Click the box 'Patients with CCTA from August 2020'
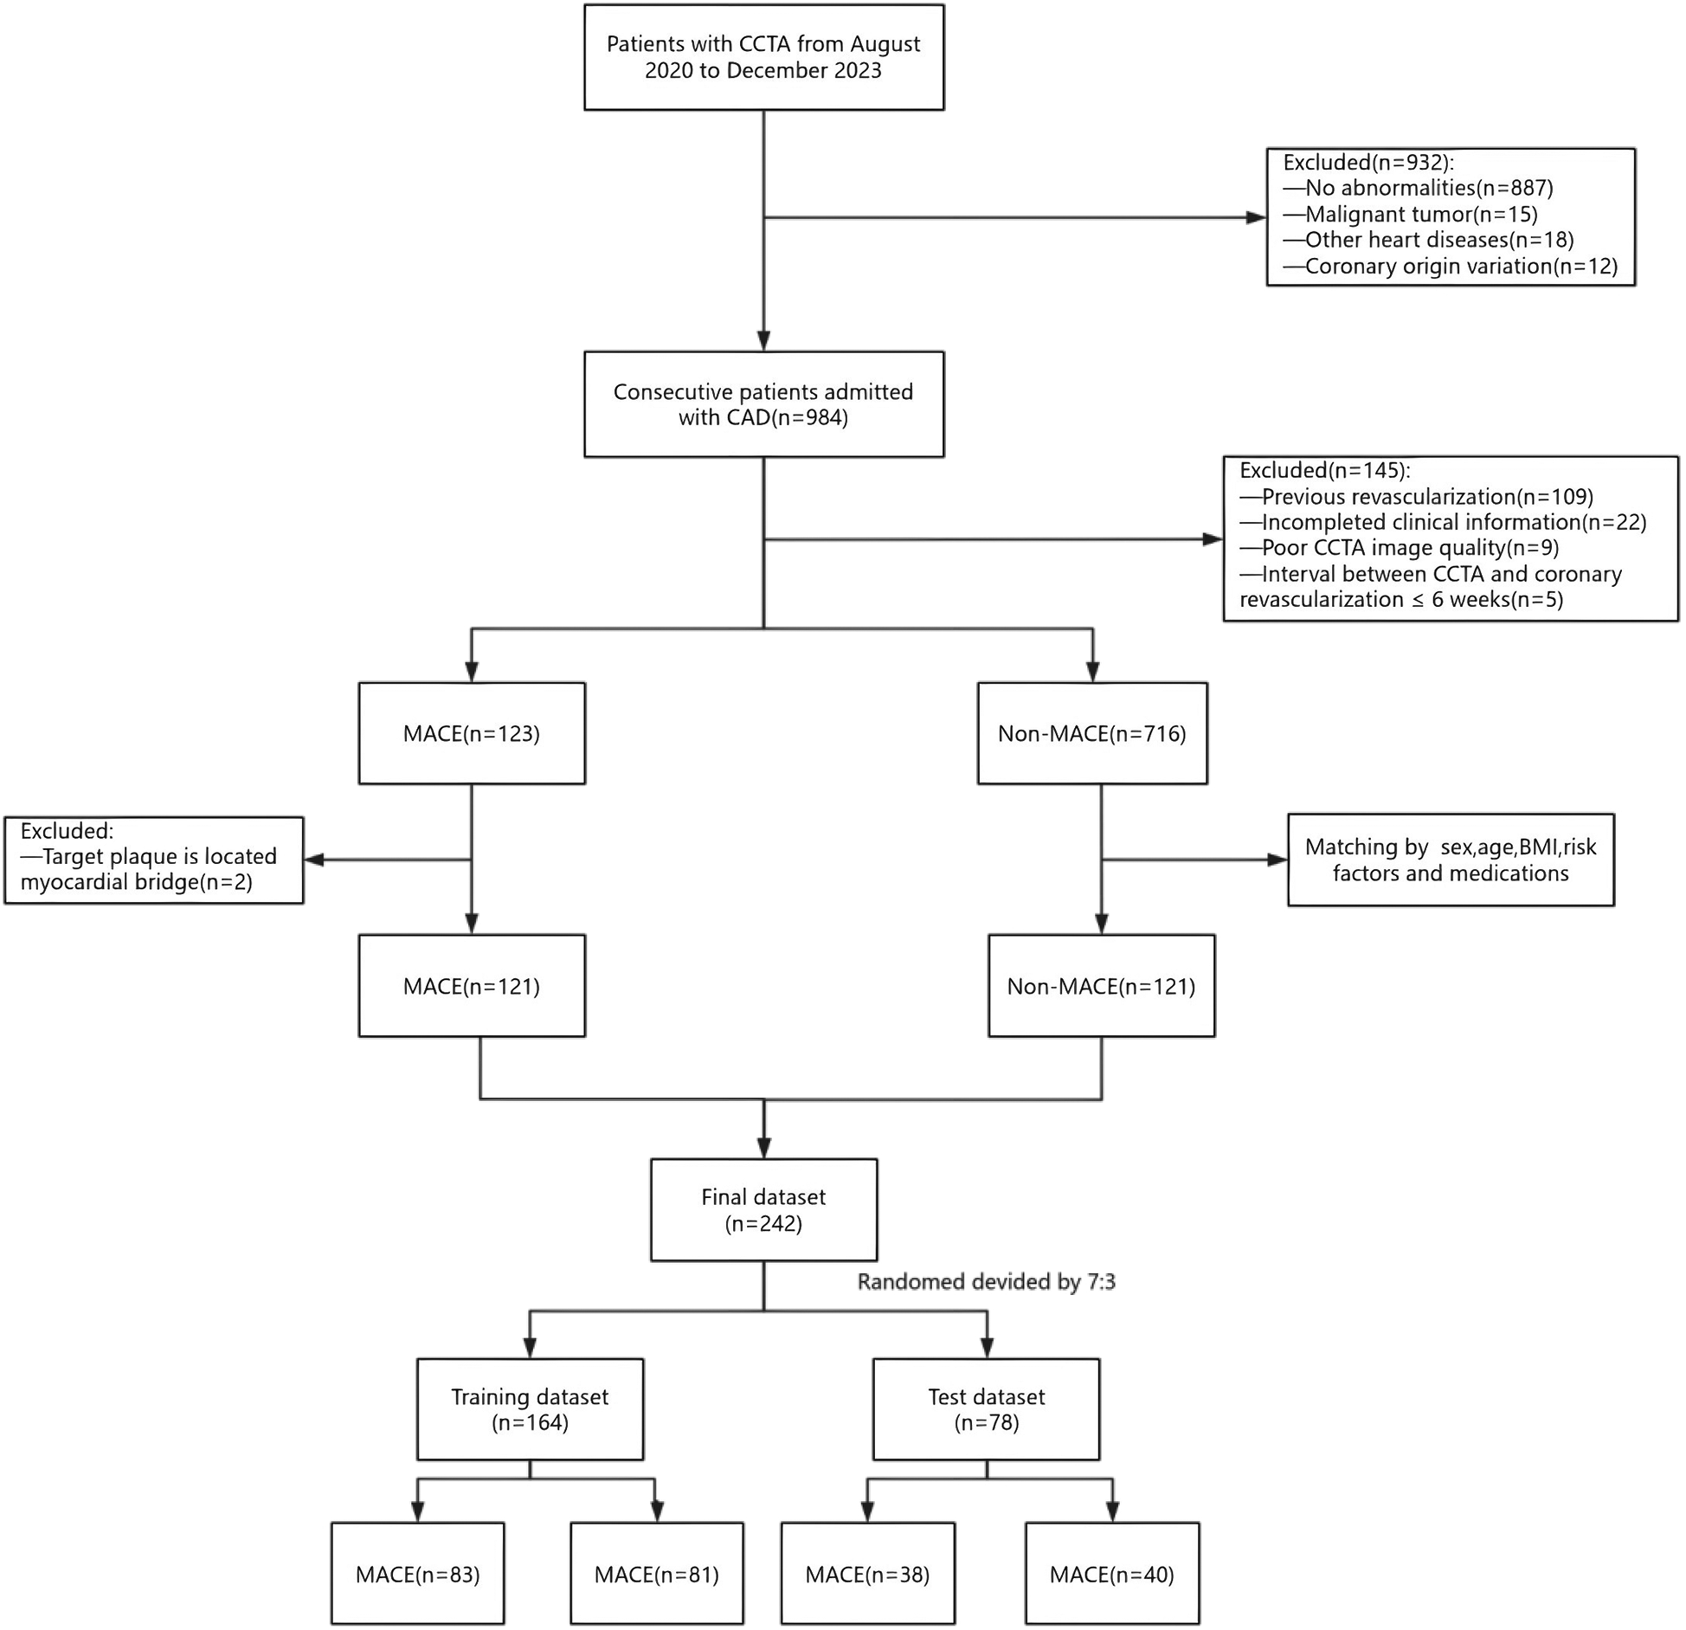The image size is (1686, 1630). click(763, 57)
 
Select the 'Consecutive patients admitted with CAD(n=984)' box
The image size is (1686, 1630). click(763, 404)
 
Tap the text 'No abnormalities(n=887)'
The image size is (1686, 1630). click(1429, 188)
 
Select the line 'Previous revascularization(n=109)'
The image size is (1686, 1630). click(1427, 496)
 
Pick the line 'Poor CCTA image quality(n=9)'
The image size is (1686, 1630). click(1410, 547)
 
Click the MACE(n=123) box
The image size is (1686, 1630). click(472, 733)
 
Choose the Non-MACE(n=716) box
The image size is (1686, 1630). click(1092, 733)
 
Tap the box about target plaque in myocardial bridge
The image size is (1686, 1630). click(154, 860)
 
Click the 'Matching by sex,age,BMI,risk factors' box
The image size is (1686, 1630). click(1451, 860)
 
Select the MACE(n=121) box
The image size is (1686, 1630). click(472, 986)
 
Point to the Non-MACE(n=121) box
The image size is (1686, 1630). click(1101, 986)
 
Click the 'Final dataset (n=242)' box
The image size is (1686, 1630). click(763, 1209)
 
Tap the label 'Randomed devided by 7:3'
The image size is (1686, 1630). click(986, 1281)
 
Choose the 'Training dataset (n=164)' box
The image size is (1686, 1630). click(530, 1408)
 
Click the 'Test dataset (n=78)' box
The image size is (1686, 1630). click(986, 1408)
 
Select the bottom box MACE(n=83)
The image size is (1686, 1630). click(417, 1574)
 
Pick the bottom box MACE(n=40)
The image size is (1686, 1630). click(1112, 1574)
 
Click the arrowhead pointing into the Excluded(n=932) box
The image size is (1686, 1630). click(1256, 217)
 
